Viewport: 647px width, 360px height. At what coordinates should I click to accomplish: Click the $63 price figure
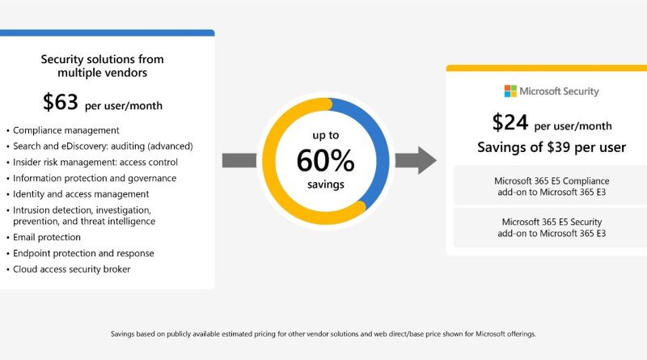(60, 102)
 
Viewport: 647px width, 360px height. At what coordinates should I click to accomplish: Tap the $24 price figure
(510, 123)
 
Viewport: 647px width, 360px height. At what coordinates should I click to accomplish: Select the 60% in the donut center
(326, 160)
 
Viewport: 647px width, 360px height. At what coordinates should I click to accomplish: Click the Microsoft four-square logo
(510, 91)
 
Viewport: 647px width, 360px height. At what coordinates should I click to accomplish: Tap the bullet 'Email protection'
(47, 237)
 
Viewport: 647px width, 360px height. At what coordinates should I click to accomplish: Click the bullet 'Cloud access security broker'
(71, 269)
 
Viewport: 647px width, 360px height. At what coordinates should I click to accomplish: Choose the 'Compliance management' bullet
(66, 130)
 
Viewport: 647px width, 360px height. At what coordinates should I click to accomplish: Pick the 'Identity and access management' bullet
(81, 194)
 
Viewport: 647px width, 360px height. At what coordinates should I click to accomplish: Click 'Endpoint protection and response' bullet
(83, 253)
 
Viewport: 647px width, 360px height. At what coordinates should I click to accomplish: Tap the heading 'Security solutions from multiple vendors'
(103, 66)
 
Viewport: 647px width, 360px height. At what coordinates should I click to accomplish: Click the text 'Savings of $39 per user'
(552, 147)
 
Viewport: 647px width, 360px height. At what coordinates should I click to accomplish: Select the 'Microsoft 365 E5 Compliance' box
(552, 186)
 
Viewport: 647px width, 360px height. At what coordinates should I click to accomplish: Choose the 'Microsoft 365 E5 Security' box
(552, 227)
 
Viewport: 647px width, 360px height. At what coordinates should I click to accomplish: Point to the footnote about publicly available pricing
(323, 334)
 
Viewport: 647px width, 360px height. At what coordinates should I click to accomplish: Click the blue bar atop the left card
(108, 32)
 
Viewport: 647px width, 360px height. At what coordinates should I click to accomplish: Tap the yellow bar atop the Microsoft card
(547, 68)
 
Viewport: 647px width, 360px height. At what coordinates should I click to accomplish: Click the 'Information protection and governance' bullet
(95, 178)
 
